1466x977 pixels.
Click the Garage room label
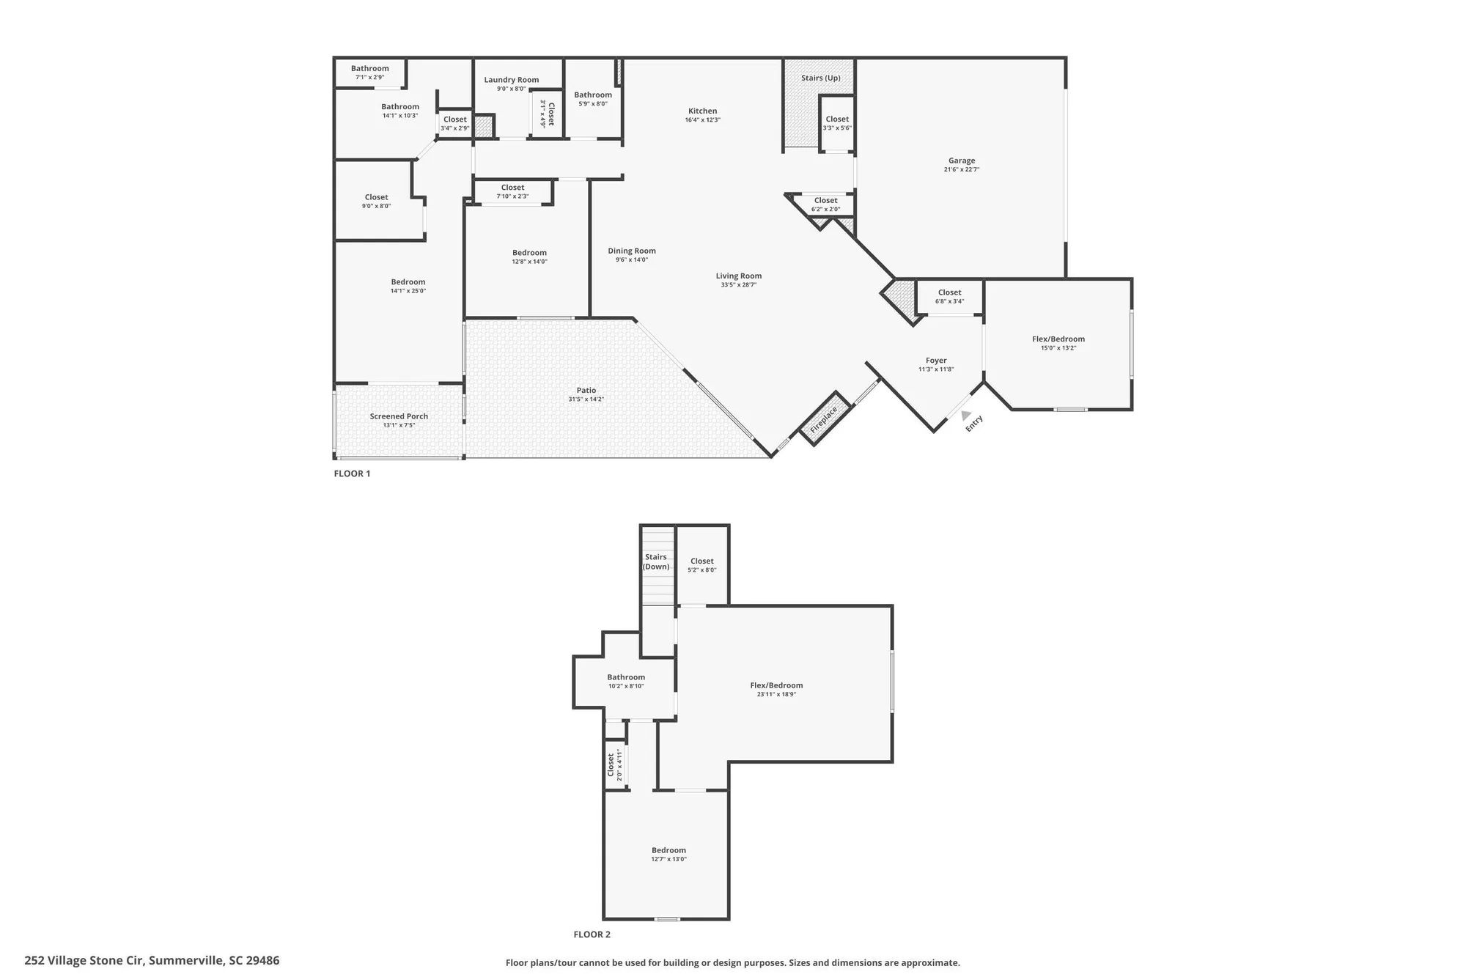coord(961,161)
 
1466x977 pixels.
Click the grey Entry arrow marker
coord(965,416)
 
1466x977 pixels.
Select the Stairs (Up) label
coord(820,78)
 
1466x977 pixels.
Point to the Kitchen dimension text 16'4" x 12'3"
coord(702,120)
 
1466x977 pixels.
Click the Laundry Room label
coord(511,80)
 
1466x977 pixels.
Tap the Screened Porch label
coord(399,416)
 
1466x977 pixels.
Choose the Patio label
coord(586,390)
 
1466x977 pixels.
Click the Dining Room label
coord(631,251)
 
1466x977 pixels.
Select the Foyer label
coord(935,361)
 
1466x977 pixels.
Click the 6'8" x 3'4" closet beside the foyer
coord(949,296)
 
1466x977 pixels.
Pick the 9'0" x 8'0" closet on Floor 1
coord(376,201)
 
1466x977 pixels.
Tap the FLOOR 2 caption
coord(592,934)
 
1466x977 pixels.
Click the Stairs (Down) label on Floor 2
coord(656,561)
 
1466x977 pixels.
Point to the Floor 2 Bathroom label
coord(626,677)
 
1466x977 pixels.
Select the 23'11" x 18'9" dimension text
coord(776,694)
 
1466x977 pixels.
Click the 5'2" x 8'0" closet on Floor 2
coord(701,565)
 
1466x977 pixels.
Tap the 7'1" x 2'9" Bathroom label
coord(369,69)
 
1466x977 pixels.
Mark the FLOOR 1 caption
coord(352,473)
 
